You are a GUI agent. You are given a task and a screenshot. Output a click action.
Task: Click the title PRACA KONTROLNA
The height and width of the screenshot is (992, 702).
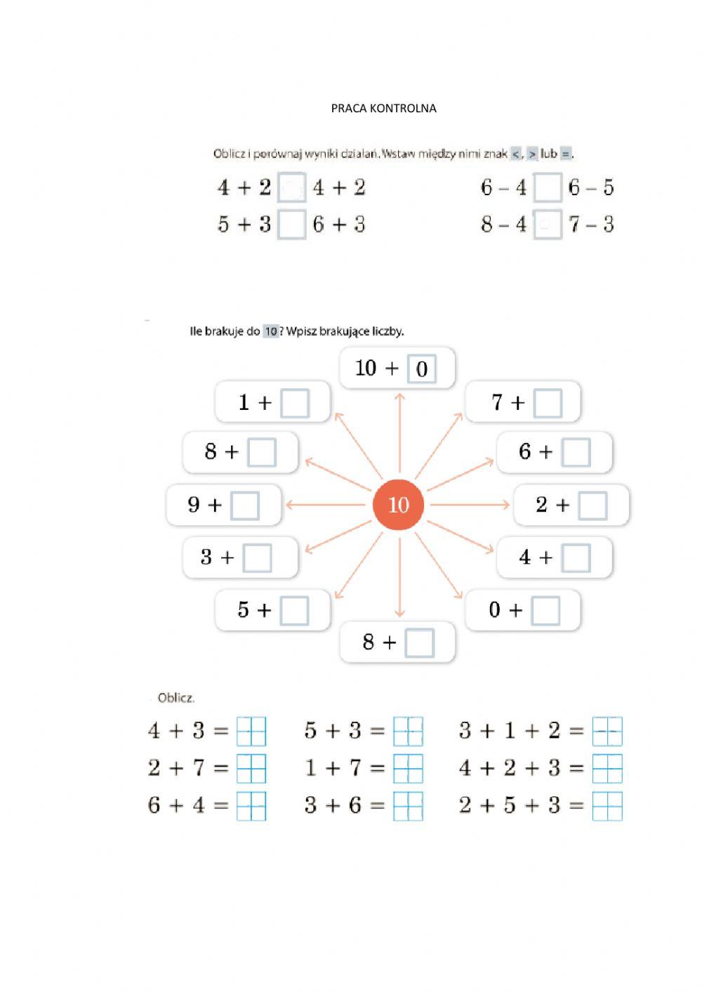383,108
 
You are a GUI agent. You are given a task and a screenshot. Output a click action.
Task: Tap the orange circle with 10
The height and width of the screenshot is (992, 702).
398,505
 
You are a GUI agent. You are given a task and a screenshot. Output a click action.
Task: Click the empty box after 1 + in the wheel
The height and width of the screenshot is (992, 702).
295,404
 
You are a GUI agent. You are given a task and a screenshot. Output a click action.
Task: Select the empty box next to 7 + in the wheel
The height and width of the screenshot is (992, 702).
548,404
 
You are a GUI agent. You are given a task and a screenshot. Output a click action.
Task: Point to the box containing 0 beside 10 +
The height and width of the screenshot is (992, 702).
421,369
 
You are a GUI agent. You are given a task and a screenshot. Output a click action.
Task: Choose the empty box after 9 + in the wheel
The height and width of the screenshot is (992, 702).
245,505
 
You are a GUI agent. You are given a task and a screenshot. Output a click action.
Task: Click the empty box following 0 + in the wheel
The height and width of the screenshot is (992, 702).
545,611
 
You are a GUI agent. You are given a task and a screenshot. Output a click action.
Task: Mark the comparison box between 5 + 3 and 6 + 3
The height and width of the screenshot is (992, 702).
292,225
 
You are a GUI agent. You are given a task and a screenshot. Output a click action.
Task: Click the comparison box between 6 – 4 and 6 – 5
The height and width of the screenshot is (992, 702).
548,188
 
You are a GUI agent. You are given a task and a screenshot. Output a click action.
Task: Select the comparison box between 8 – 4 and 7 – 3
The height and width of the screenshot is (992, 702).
548,225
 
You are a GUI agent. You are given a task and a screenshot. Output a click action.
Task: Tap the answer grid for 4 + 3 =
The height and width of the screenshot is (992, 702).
251,731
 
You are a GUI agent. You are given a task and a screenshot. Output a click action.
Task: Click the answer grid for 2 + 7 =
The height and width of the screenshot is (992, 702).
251,768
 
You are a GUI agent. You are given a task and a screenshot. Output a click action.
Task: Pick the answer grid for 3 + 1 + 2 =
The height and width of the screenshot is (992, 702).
607,731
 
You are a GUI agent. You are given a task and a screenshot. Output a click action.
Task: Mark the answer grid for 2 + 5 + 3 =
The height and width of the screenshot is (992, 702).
607,806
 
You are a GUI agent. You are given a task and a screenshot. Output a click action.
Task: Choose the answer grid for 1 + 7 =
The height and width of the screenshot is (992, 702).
408,768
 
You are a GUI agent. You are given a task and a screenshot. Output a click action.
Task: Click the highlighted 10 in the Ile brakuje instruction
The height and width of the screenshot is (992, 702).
270,331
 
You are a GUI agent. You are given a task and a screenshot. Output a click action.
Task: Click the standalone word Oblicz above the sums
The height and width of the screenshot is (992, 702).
175,698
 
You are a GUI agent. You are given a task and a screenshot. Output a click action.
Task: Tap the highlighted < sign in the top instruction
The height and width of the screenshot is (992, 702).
516,154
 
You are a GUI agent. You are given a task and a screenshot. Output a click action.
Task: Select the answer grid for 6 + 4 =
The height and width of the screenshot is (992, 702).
251,806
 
